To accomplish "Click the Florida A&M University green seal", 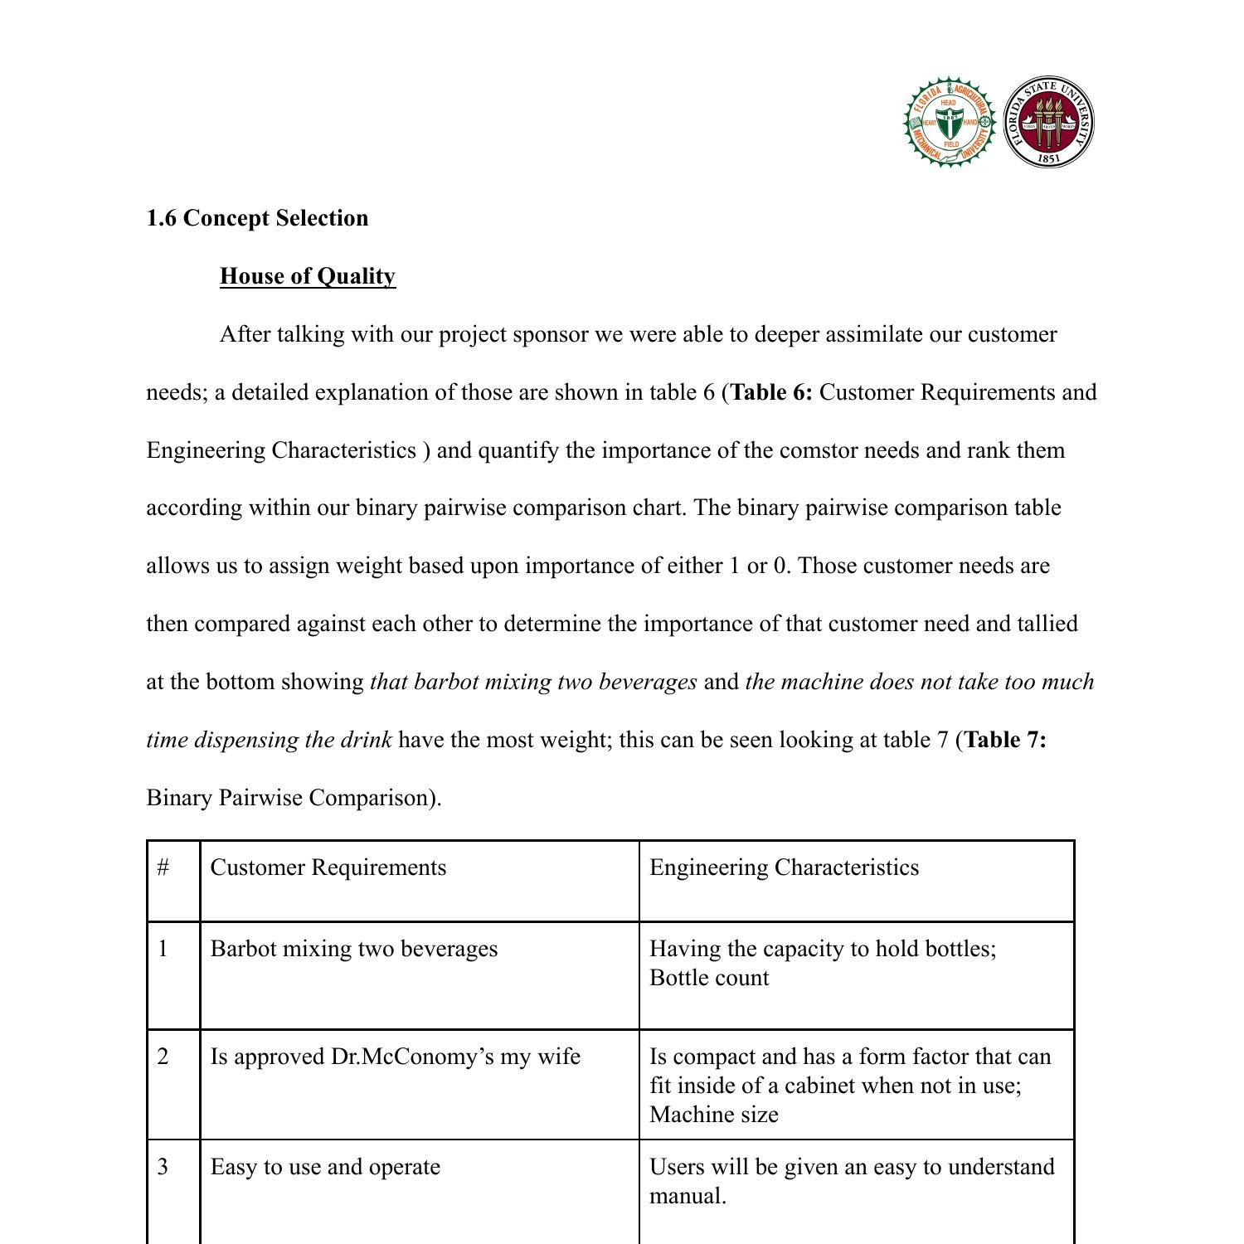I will [949, 123].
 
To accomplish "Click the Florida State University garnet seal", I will [1048, 123].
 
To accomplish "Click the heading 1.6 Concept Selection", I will [257, 218].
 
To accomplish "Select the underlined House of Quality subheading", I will [308, 276].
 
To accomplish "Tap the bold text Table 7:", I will [1005, 740].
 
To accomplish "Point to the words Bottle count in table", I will [709, 978].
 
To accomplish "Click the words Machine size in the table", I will [714, 1115].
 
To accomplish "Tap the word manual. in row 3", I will [688, 1196].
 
